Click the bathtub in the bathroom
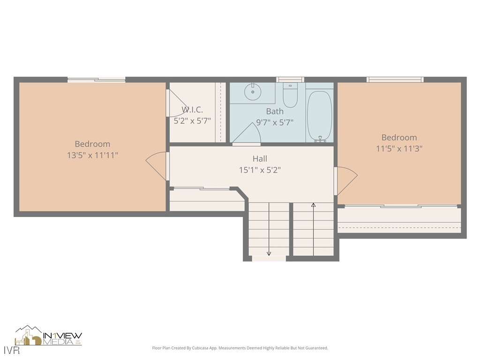[319, 115]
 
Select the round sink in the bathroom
[253, 92]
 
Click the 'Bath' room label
[275, 112]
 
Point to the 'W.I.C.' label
[192, 110]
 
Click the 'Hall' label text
[260, 159]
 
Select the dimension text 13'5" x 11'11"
[92, 155]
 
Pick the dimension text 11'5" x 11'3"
[399, 149]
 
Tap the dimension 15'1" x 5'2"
[260, 170]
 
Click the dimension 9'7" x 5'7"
[275, 123]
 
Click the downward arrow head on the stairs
[269, 254]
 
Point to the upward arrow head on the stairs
[313, 204]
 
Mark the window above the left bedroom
[96, 80]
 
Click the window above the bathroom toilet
[290, 80]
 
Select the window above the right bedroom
[395, 80]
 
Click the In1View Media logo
[49, 336]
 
